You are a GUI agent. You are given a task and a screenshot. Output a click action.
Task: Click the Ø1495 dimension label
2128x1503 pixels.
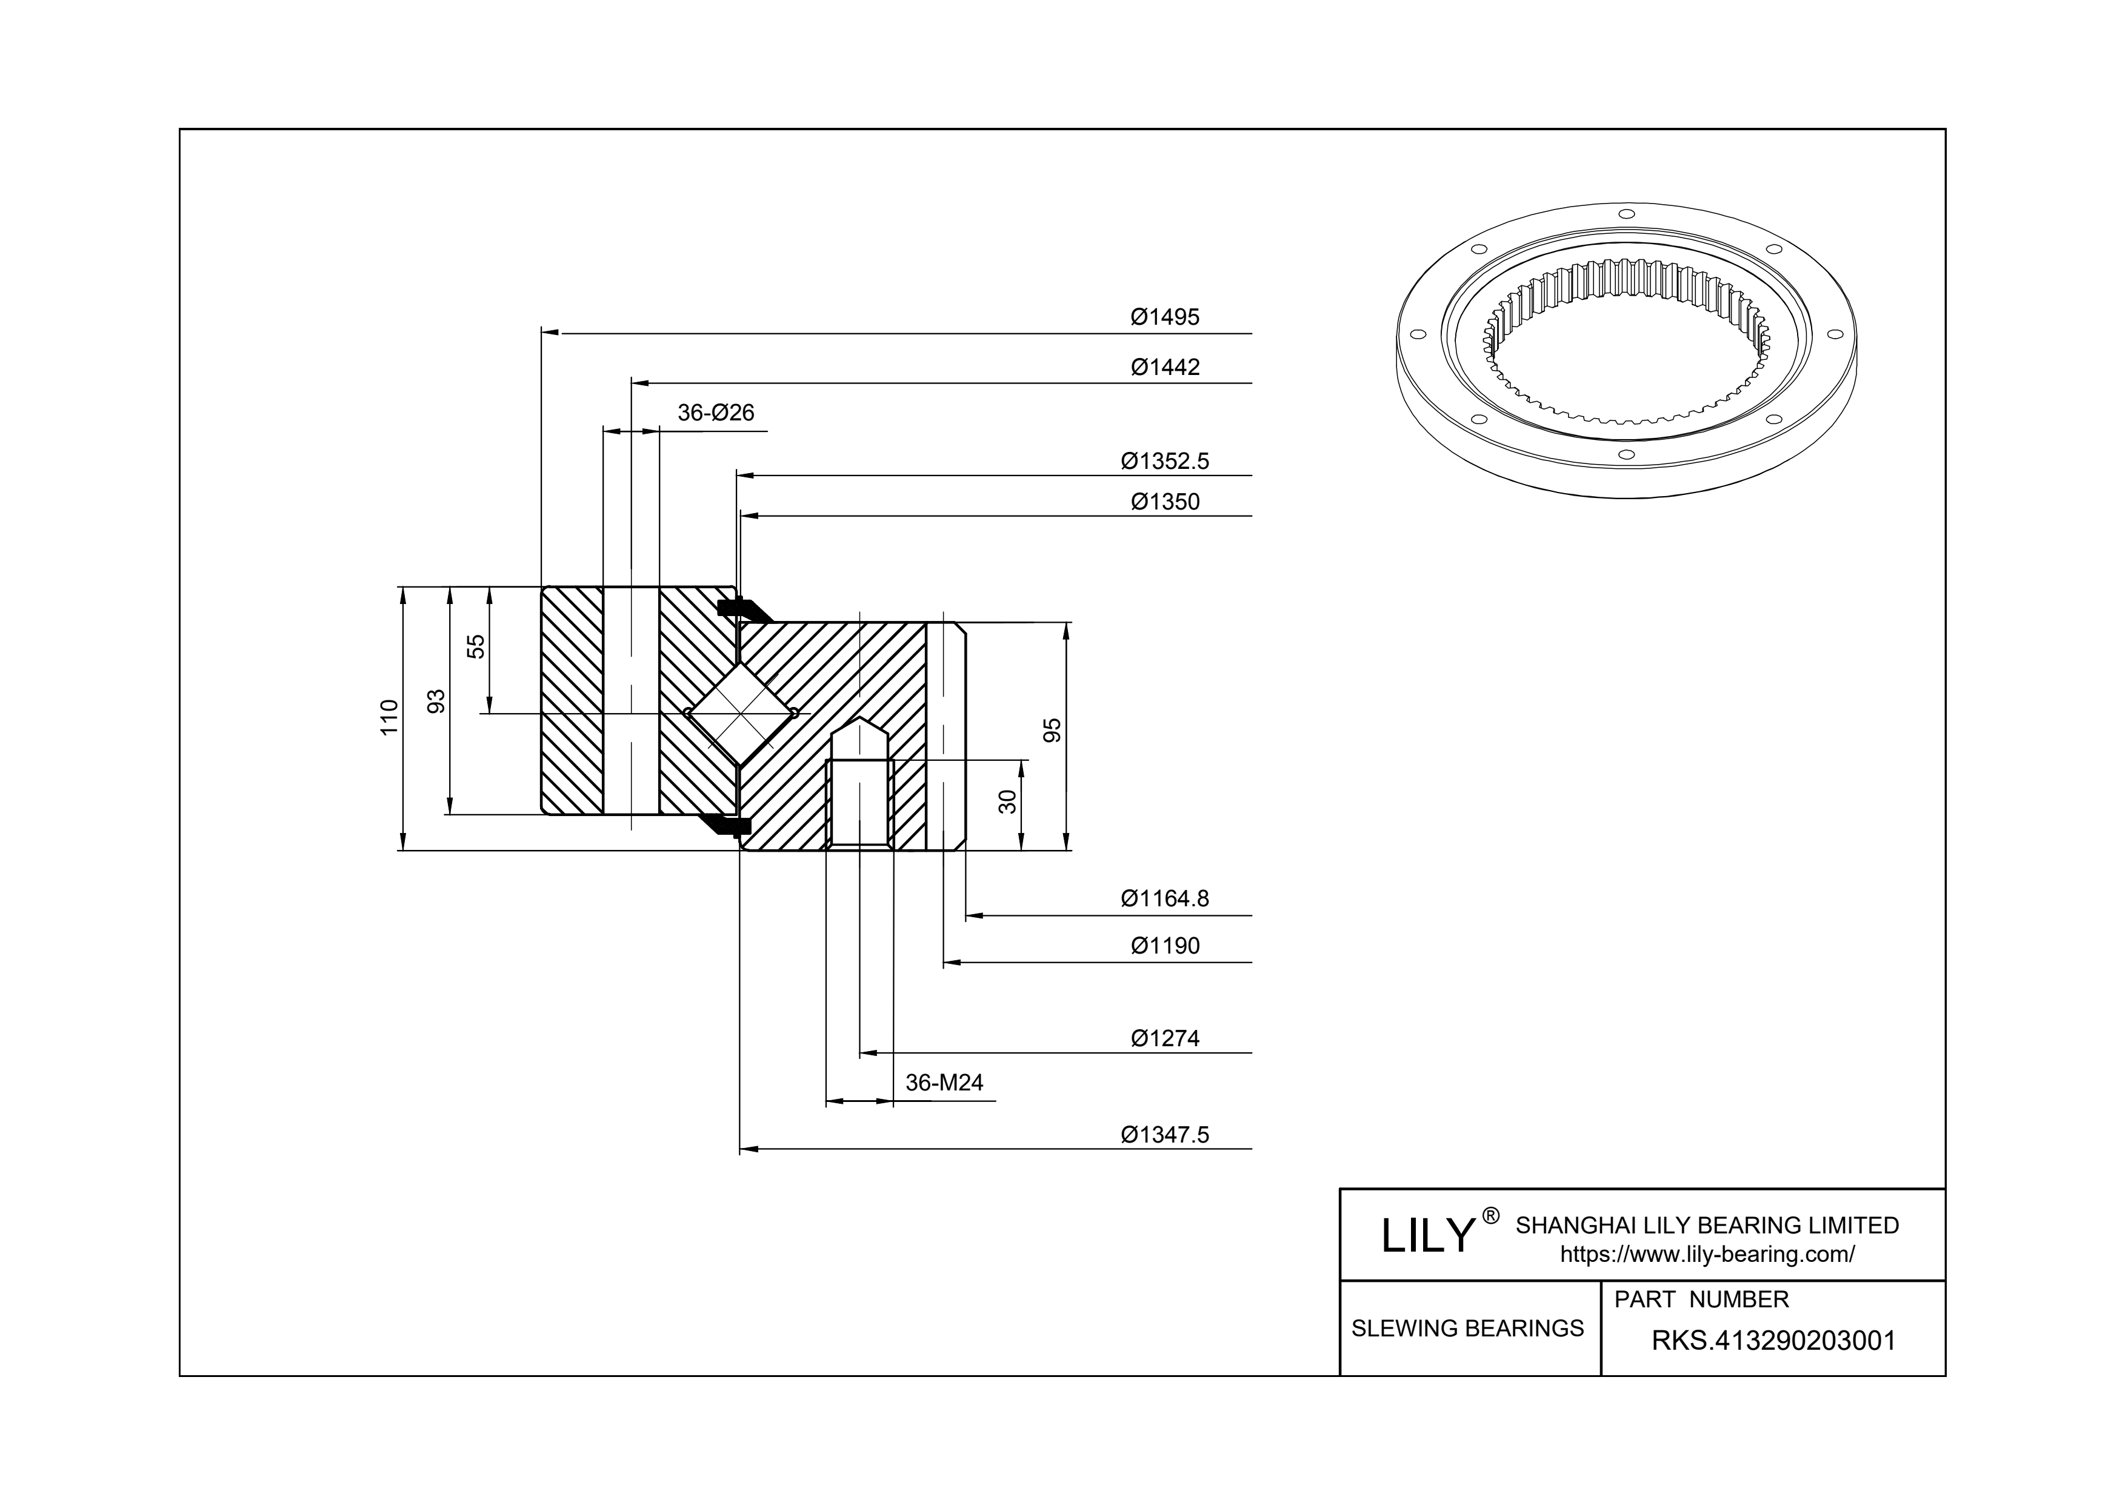pos(1164,317)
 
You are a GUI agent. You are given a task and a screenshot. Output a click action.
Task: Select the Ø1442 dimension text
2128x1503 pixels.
pos(1164,367)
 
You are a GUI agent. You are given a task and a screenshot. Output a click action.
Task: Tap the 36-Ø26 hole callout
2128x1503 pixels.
pos(716,413)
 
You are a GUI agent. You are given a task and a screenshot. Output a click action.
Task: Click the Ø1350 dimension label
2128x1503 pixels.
pos(1164,502)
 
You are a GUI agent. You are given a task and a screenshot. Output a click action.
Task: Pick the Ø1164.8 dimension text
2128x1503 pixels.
pos(1164,898)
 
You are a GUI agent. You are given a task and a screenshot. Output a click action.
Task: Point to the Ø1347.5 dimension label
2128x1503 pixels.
pos(1164,1134)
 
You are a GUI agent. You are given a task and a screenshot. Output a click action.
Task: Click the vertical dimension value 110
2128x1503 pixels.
pos(389,717)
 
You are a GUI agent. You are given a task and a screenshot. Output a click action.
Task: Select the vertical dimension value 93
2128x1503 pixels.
pos(436,702)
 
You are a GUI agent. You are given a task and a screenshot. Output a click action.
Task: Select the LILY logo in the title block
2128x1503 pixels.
pos(1428,1235)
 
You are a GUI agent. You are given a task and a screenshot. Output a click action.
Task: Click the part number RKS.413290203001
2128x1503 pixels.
pos(1773,1341)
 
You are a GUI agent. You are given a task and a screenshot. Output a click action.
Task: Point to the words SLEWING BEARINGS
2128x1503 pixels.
pos(1467,1328)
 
